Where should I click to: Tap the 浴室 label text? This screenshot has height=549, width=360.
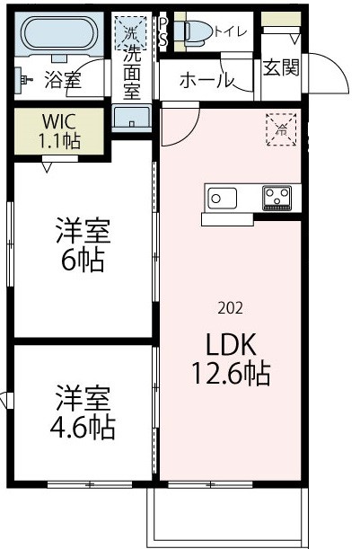click(62, 81)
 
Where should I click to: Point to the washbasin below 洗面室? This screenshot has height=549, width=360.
click(133, 120)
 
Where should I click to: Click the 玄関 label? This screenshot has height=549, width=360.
click(280, 66)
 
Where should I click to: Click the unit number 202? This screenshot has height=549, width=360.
click(230, 308)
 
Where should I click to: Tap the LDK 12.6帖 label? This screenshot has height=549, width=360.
click(228, 359)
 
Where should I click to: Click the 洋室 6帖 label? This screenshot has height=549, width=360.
click(83, 245)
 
